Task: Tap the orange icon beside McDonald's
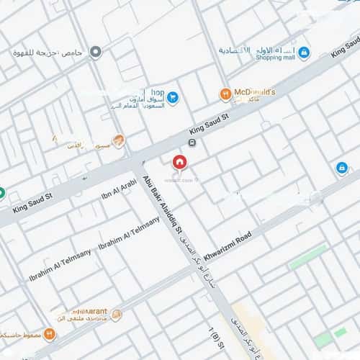pos(225,94)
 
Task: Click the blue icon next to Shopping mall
pos(304,53)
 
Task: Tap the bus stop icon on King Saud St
pos(201,142)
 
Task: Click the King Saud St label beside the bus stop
pos(208,123)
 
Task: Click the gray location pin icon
pos(96,51)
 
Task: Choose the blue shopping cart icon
pos(172,96)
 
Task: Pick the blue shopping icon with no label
pos(341,168)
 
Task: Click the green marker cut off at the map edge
pos(1,193)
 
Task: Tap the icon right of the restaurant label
pos(117,314)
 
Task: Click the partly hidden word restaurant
pos(87,311)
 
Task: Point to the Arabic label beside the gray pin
pos(50,53)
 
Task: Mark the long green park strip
pos(307,257)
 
